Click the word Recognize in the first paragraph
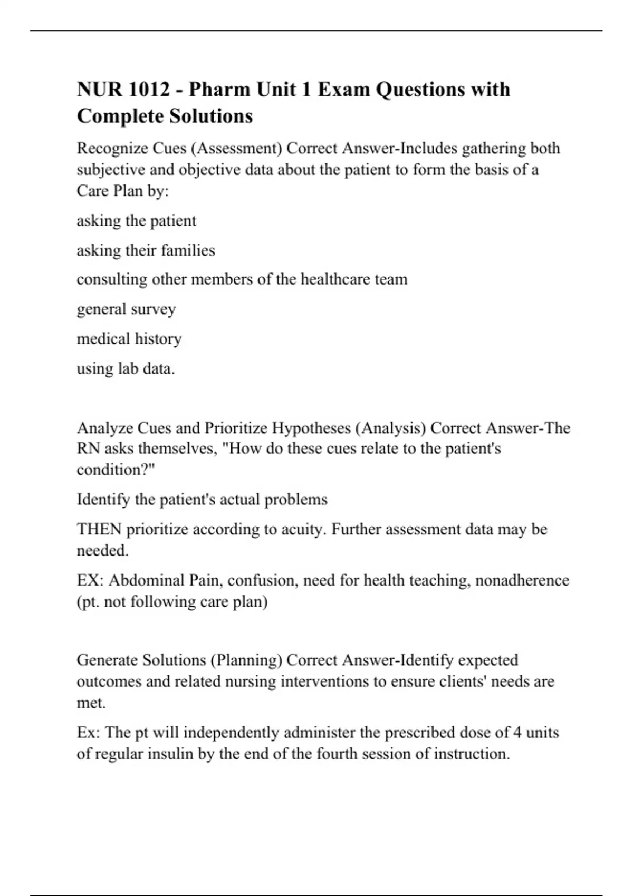click(112, 149)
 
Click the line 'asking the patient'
click(136, 220)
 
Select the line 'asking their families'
click(146, 250)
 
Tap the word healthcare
click(334, 279)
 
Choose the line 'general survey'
click(126, 309)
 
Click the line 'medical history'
click(129, 338)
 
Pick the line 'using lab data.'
click(126, 368)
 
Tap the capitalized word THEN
click(99, 529)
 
